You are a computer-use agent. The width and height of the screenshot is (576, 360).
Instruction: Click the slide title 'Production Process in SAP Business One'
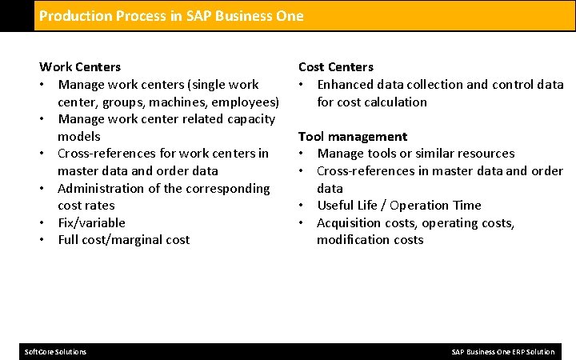(x=171, y=16)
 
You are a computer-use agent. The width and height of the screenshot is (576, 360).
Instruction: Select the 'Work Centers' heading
(x=80, y=67)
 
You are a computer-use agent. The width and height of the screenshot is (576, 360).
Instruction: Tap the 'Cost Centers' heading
(x=335, y=67)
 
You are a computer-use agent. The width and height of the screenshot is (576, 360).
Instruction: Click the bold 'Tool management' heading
(x=352, y=136)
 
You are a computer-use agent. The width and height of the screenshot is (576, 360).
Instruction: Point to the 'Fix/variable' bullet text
(x=91, y=222)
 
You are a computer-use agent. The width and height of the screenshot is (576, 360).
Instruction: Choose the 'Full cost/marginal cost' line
(x=123, y=240)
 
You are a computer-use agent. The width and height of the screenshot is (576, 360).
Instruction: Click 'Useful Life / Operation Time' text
(x=399, y=206)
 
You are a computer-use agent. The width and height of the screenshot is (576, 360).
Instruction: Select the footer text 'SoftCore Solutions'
(x=56, y=352)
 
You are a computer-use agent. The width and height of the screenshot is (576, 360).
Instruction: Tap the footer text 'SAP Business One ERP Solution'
(x=502, y=352)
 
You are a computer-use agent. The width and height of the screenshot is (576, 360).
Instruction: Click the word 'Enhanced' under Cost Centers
(x=346, y=84)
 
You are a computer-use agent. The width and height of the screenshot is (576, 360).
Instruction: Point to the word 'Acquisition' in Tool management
(x=350, y=222)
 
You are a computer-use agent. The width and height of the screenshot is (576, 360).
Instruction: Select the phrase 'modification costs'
(x=370, y=240)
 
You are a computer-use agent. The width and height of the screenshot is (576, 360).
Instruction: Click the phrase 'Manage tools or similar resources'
(x=416, y=154)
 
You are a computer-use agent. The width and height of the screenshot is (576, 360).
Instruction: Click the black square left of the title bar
(x=17, y=16)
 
